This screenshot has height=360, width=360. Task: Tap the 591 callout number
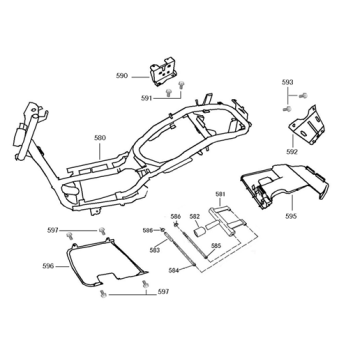coord(146,98)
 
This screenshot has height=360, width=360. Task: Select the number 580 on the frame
coord(100,139)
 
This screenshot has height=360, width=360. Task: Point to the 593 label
coord(287,81)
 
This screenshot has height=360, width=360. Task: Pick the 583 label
coord(155,250)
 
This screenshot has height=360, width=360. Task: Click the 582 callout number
coord(195,217)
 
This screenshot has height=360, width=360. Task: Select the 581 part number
coord(221,194)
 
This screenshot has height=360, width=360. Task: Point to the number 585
coord(215,245)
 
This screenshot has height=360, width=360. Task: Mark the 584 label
coord(173,270)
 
